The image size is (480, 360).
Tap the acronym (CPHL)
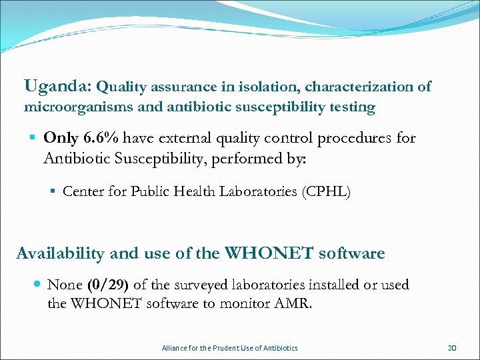click(x=326, y=192)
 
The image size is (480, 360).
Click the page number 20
click(x=452, y=348)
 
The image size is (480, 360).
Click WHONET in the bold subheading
click(x=270, y=253)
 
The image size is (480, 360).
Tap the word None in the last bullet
click(x=65, y=285)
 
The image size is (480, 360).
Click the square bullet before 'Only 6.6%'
click(x=32, y=139)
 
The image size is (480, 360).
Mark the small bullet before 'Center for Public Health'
click(x=52, y=192)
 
